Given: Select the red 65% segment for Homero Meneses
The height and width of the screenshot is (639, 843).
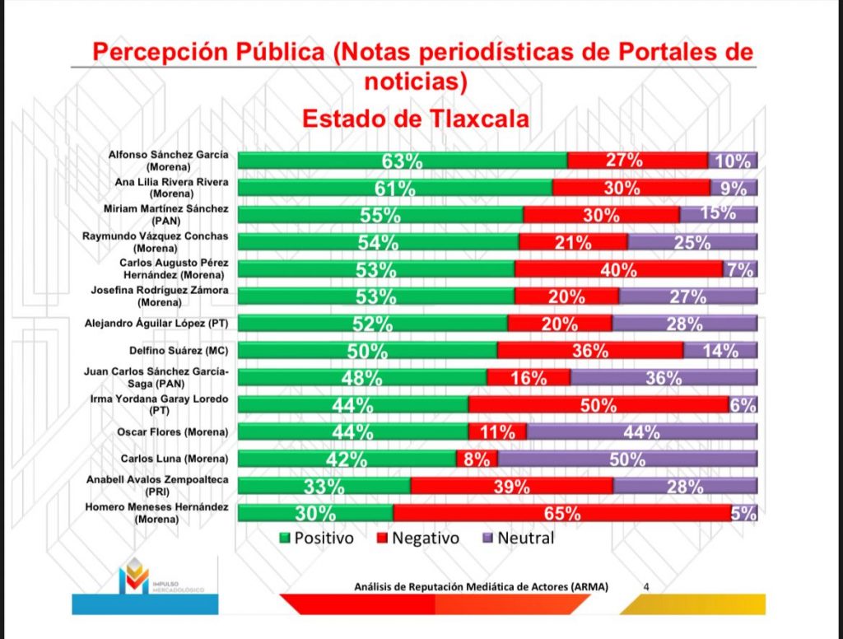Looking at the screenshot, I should pos(561,514).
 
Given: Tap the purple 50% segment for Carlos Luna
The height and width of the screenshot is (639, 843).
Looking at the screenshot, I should pos(626,459).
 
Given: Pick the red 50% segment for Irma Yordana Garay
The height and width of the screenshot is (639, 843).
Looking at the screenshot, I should pos(598,405).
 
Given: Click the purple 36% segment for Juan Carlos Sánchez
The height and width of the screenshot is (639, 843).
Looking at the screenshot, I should pos(664,378).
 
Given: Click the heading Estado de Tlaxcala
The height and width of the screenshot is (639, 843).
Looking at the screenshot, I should pos(416,119).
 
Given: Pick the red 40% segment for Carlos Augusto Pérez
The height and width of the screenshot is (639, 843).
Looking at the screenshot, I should pos(618,269).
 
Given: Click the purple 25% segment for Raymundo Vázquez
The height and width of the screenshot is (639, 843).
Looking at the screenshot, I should pos(692,242).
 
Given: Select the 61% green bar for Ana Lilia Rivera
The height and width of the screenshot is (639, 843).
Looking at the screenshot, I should pos(394,188).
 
